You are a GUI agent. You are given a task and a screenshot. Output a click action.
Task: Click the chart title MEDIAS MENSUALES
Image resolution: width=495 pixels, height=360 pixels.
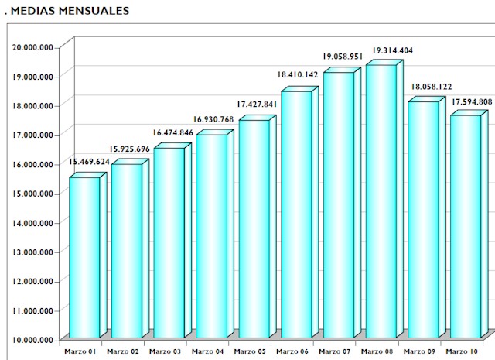(x=68, y=12)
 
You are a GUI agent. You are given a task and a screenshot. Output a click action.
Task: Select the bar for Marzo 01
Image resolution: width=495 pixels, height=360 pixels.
(x=84, y=255)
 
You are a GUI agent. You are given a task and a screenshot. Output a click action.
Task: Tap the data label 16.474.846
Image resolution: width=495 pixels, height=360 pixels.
(x=174, y=133)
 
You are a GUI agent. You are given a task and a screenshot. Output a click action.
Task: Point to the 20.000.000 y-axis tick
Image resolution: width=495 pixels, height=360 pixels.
(x=33, y=46)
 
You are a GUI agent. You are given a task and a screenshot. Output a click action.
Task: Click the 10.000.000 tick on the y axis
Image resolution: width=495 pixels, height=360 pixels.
(x=33, y=339)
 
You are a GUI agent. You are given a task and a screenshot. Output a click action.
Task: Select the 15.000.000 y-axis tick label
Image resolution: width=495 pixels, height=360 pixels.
(x=33, y=193)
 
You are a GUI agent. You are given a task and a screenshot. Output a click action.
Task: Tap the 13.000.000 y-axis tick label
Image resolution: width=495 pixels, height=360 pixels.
(x=33, y=252)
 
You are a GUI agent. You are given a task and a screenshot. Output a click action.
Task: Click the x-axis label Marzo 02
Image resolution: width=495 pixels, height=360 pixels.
(x=123, y=351)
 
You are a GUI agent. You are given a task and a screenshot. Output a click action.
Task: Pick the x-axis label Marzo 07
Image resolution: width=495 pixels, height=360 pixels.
(x=335, y=351)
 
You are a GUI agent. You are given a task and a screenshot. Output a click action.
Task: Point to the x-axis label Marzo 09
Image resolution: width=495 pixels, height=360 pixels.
(x=420, y=351)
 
